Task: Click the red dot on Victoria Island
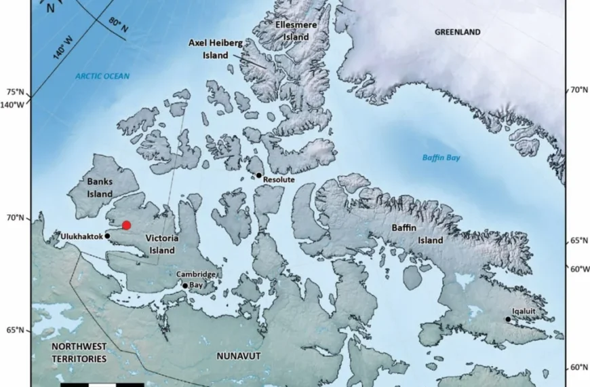126,225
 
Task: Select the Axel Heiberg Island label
216,48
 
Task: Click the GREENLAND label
457,32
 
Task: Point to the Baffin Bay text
441,158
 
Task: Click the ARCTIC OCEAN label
102,76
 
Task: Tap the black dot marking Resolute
258,175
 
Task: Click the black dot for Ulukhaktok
108,236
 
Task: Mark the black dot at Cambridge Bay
184,286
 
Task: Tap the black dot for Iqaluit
507,319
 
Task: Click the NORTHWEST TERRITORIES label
79,352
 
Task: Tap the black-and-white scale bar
92,384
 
